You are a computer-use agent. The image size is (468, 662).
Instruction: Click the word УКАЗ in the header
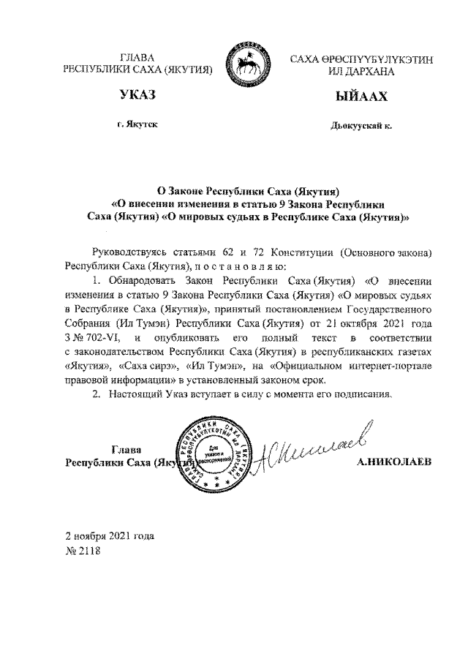(x=139, y=97)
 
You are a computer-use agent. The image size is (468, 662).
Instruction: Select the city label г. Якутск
(x=137, y=125)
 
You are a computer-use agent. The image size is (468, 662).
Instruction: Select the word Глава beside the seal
(x=127, y=449)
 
